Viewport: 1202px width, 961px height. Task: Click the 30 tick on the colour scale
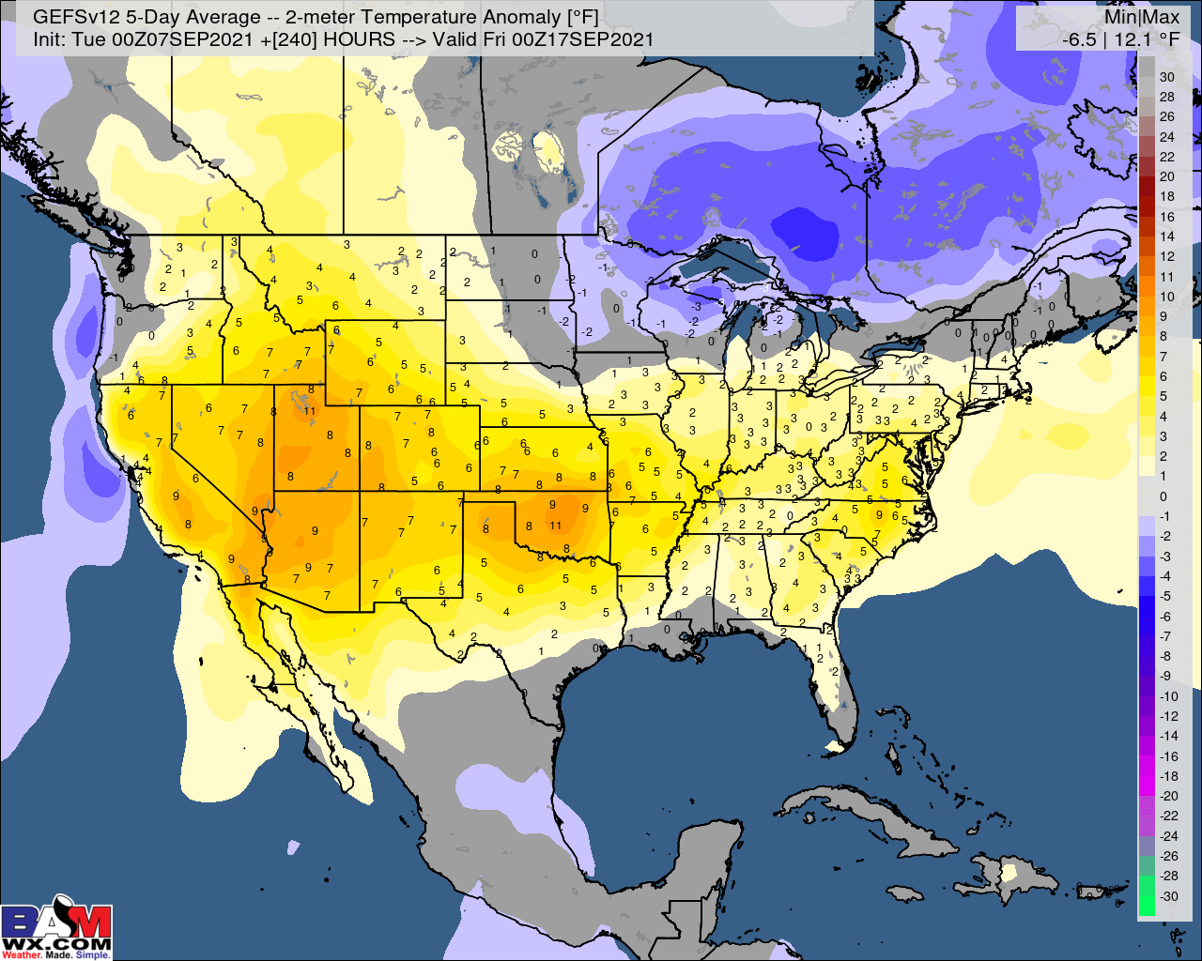pyautogui.click(x=1167, y=77)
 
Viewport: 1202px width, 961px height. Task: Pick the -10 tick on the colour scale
pyautogui.click(x=1167, y=696)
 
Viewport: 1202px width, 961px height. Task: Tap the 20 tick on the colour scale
pyautogui.click(x=1167, y=176)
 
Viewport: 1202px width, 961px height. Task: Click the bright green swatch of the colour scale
pyautogui.click(x=1146, y=901)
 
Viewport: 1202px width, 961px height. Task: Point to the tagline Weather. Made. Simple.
pyautogui.click(x=56, y=954)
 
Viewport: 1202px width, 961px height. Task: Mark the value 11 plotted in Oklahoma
pyautogui.click(x=556, y=526)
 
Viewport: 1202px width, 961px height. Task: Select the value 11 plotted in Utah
pyautogui.click(x=309, y=410)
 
